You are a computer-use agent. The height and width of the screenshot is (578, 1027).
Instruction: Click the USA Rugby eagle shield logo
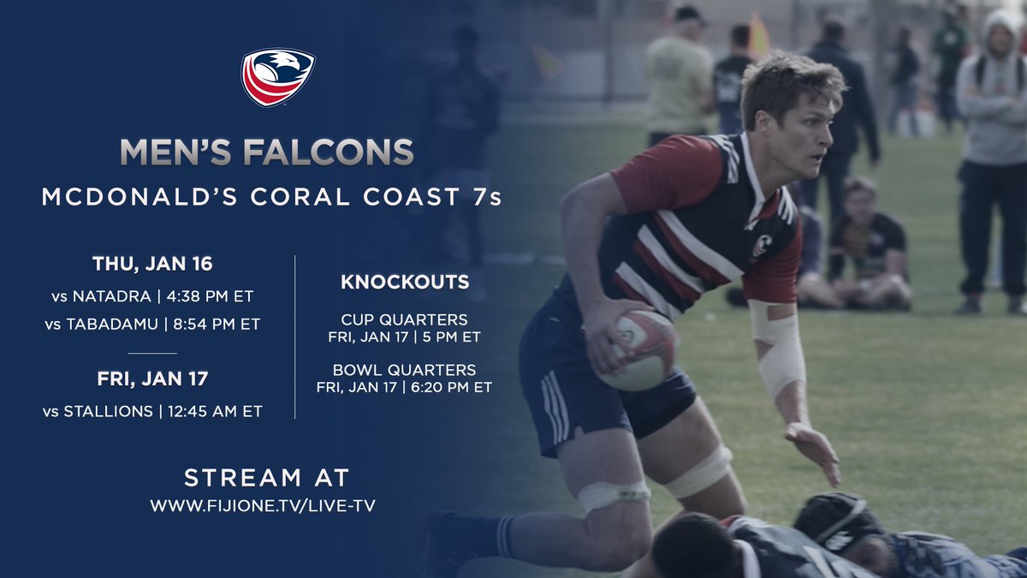pos(278,77)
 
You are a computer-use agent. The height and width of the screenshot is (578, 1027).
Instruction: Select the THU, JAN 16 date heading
pos(152,263)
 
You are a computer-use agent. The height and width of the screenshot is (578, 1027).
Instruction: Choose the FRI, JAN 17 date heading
pos(152,378)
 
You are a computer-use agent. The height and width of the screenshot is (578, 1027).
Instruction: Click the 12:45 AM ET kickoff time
pos(215,412)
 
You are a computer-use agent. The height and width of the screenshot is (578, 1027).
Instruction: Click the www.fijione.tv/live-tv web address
pos(262,506)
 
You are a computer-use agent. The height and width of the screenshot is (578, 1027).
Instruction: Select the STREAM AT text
pos(267,477)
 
